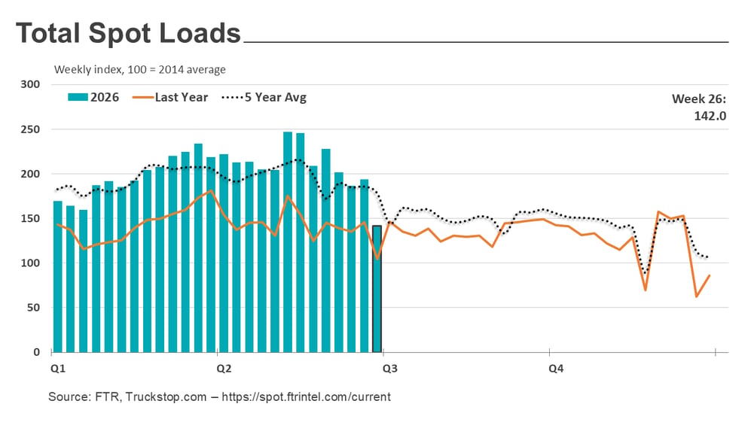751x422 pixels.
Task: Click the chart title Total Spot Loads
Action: [128, 33]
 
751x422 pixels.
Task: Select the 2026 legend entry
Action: [93, 97]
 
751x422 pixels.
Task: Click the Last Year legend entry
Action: [170, 97]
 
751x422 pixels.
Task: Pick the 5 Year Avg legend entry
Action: [264, 97]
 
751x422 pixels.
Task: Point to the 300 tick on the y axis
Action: [30, 84]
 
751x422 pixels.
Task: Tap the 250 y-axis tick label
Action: [30, 129]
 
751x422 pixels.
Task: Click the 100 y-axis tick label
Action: [30, 263]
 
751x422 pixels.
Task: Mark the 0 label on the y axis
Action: [36, 352]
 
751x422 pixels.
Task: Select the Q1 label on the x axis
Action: [58, 369]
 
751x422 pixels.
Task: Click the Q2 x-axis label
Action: [224, 369]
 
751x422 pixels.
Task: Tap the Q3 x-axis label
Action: [390, 369]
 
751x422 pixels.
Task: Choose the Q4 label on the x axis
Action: [556, 369]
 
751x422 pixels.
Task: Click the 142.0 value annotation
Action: [710, 117]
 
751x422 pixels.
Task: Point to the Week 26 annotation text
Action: [699, 99]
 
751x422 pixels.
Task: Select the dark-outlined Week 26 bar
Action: [377, 289]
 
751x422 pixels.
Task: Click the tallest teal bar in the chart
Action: [288, 242]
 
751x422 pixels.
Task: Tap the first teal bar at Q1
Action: [57, 277]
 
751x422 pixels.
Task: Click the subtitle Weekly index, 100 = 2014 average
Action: [140, 70]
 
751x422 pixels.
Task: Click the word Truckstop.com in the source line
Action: [166, 396]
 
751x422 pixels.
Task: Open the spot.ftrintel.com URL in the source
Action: [307, 396]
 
